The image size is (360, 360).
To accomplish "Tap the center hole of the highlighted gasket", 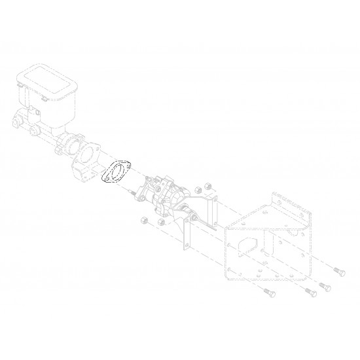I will [117, 173].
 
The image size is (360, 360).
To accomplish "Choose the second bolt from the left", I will [306, 293].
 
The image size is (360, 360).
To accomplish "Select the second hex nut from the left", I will [160, 224].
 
